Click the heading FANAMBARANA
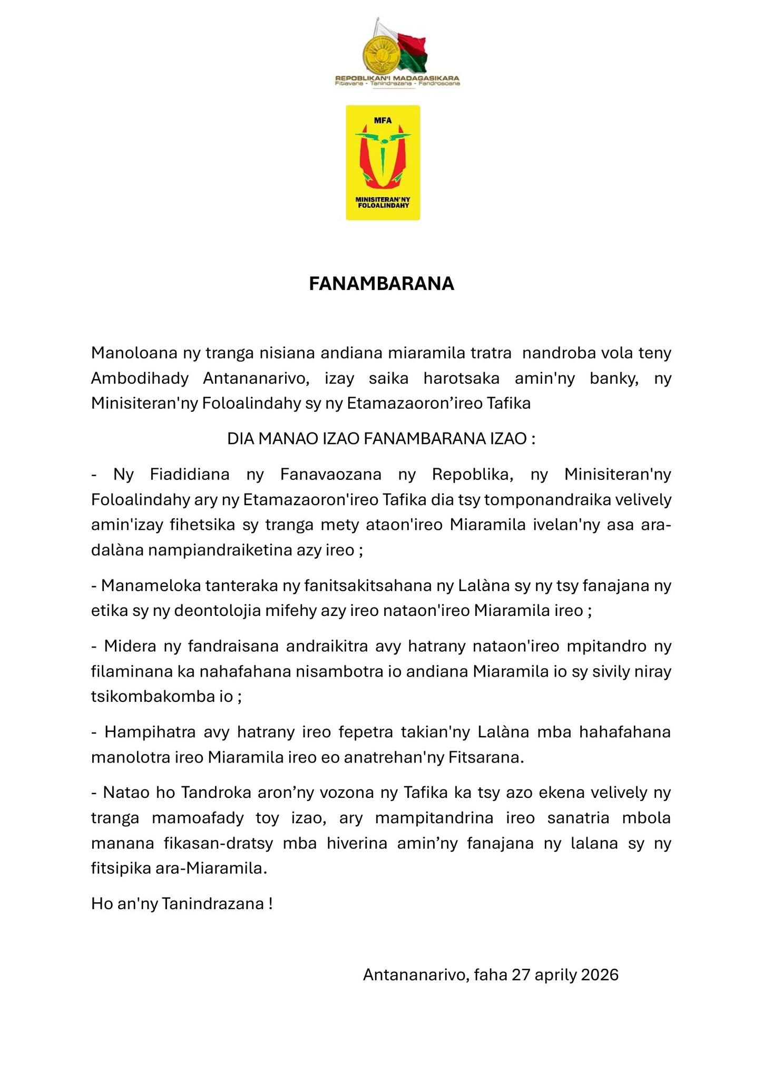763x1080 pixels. [x=381, y=284]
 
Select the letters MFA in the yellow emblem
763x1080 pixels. [x=383, y=120]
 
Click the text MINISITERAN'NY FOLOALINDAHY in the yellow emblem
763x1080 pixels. [x=383, y=202]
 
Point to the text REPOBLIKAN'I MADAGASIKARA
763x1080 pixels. [x=397, y=79]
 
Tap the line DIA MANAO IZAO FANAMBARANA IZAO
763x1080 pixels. [x=381, y=439]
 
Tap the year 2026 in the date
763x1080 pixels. [x=600, y=974]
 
